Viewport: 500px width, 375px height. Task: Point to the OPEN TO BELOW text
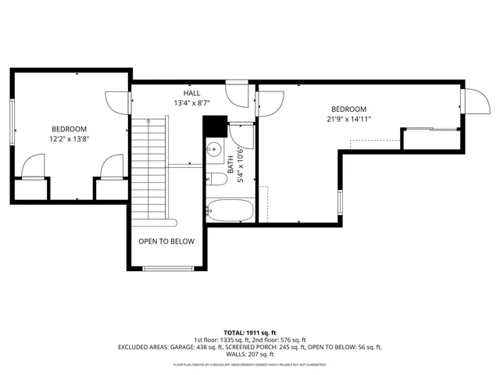pyautogui.click(x=166, y=241)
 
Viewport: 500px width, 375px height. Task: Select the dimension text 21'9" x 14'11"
pyautogui.click(x=348, y=119)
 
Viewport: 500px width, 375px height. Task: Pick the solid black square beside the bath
pyautogui.click(x=214, y=125)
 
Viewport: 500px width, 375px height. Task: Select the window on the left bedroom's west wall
pyautogui.click(x=12, y=124)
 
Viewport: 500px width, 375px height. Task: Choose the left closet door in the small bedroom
pyautogui.click(x=34, y=166)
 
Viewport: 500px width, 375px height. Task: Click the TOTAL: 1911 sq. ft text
pyautogui.click(x=249, y=333)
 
